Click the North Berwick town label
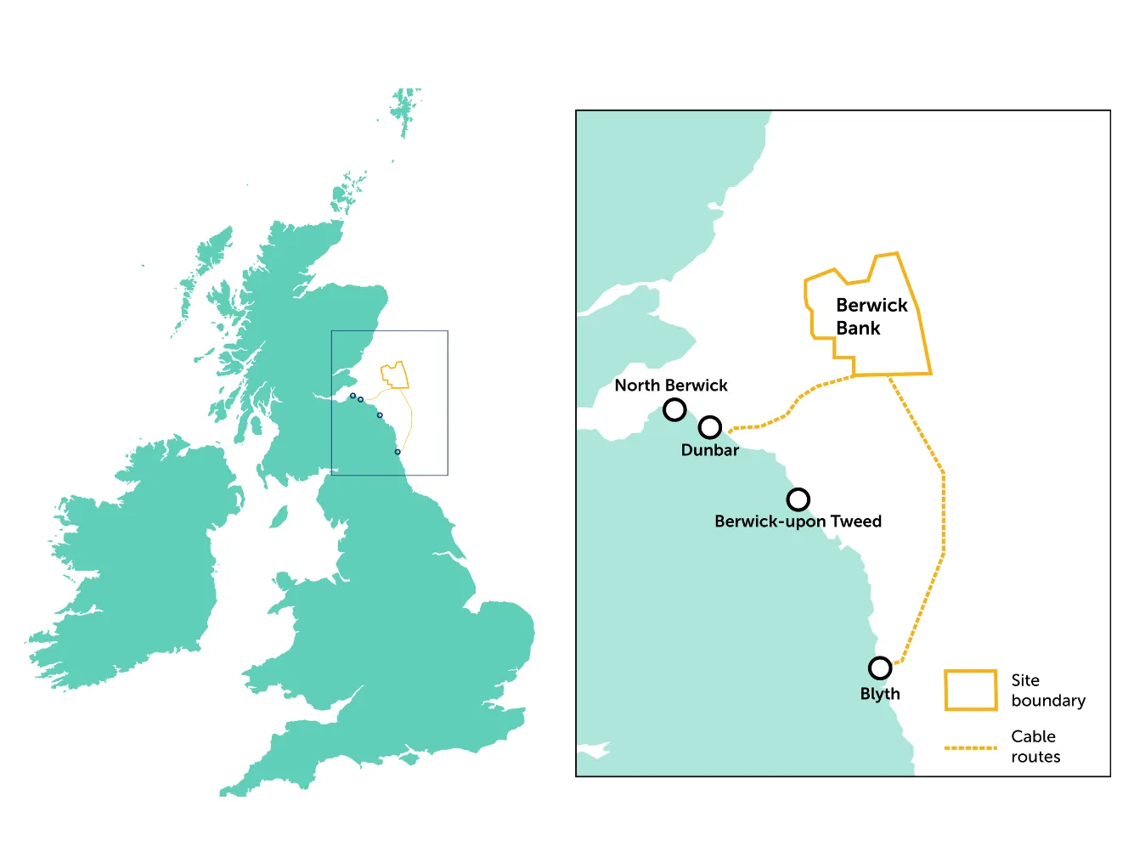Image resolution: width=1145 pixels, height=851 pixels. (x=670, y=386)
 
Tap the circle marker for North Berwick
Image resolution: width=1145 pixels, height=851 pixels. (x=674, y=410)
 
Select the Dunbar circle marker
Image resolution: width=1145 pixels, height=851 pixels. (x=710, y=427)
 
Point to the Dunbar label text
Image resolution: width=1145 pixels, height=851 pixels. (x=709, y=450)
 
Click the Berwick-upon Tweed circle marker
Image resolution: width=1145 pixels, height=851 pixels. (x=798, y=499)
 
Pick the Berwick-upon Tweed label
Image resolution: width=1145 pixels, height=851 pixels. (x=798, y=521)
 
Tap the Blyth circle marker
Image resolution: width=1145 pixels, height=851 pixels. (x=880, y=668)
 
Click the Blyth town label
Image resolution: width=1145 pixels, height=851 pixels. (x=880, y=694)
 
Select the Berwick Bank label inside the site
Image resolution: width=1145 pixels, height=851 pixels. (x=871, y=317)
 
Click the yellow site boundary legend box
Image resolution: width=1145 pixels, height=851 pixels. (x=970, y=690)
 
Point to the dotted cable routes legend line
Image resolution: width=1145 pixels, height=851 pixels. (x=970, y=748)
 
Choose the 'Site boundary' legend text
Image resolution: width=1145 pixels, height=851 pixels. (x=1047, y=690)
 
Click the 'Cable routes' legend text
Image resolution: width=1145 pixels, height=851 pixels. (x=1034, y=747)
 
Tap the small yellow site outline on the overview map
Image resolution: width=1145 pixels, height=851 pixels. (x=395, y=375)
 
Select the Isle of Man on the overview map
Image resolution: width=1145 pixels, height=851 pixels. (x=279, y=516)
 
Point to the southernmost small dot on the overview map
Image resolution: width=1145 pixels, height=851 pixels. (x=398, y=452)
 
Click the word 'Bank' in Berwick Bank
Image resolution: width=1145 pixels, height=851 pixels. (x=858, y=329)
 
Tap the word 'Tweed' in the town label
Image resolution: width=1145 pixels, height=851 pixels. (x=855, y=521)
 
